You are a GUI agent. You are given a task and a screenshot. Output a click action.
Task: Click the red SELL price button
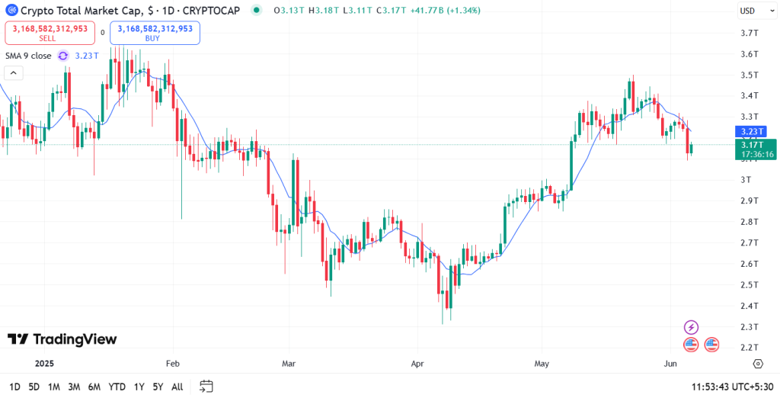click(x=47, y=32)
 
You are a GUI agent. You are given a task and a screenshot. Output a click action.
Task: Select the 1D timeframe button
click(x=14, y=387)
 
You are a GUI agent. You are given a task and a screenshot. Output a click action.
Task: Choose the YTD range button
click(x=117, y=387)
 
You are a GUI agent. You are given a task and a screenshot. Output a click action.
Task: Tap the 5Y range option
click(x=157, y=387)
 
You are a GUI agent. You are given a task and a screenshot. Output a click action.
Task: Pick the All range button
click(x=177, y=387)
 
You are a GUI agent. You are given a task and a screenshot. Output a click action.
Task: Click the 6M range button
click(x=94, y=387)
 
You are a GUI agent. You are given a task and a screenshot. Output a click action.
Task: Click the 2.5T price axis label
click(x=748, y=285)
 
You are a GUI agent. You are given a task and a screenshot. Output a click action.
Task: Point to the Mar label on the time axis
click(x=289, y=364)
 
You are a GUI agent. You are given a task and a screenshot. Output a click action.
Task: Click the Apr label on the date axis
click(x=417, y=364)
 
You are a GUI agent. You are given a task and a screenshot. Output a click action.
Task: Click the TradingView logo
click(x=62, y=339)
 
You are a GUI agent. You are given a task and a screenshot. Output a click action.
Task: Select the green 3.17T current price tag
click(x=756, y=149)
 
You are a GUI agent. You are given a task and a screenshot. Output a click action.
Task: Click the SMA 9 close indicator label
click(x=29, y=56)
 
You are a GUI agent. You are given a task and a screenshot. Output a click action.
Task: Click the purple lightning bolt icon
click(x=691, y=326)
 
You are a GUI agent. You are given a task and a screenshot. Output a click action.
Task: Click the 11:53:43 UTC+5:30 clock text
click(x=732, y=387)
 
